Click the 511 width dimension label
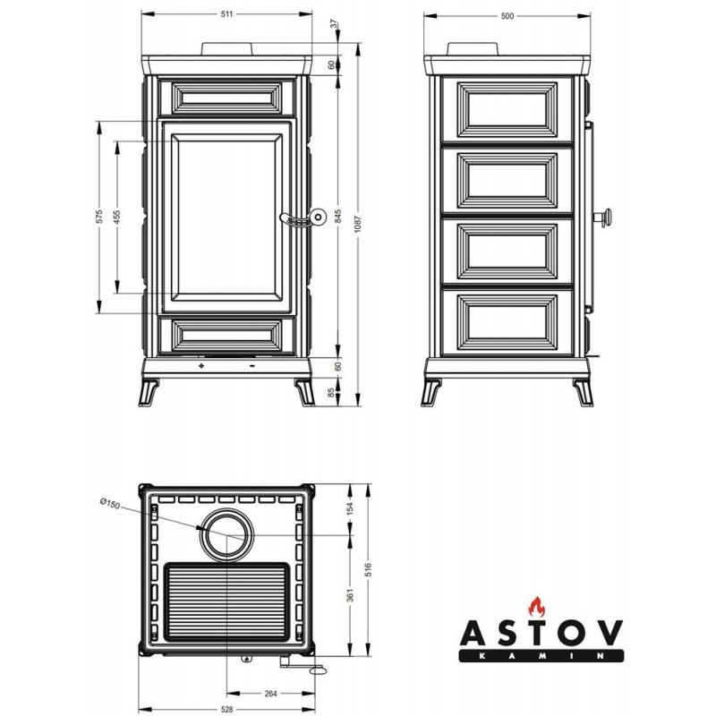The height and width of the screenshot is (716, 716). [226, 14]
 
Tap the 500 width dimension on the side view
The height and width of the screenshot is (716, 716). [507, 16]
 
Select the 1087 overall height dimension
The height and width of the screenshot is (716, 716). [358, 225]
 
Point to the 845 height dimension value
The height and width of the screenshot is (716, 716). [338, 217]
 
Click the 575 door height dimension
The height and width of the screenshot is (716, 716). [99, 217]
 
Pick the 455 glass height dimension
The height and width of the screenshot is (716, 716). [117, 217]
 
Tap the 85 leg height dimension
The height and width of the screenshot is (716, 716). [331, 392]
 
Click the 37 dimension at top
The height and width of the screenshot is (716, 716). [334, 24]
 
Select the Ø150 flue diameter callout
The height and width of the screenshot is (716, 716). [110, 503]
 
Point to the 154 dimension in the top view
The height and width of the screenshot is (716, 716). [350, 508]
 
